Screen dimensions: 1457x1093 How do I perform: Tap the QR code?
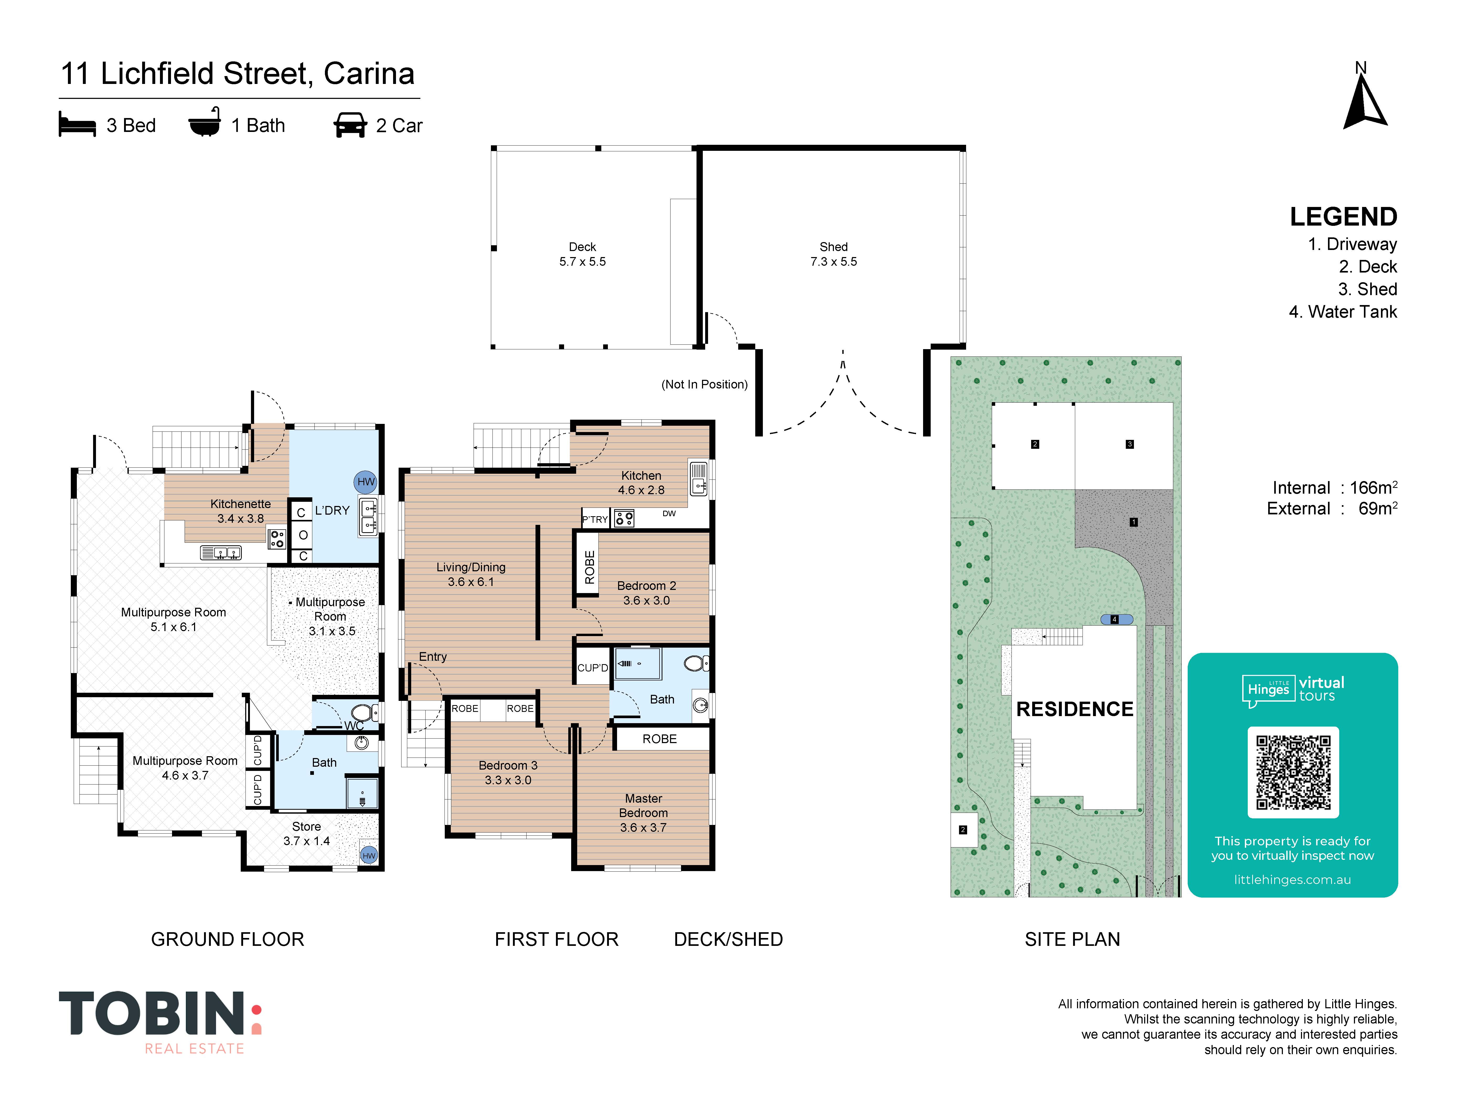pyautogui.click(x=1293, y=772)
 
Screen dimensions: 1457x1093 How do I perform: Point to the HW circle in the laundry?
pyautogui.click(x=366, y=482)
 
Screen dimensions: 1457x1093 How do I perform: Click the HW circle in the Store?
pyautogui.click(x=369, y=855)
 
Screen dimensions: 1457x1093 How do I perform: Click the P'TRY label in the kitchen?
pyautogui.click(x=595, y=519)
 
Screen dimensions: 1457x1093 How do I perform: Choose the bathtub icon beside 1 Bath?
pyautogui.click(x=205, y=122)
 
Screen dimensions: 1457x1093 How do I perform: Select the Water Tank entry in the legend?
pyautogui.click(x=1342, y=312)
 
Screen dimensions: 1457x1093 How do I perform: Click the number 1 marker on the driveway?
pyautogui.click(x=1134, y=522)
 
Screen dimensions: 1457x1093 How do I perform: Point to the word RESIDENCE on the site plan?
pyautogui.click(x=1075, y=709)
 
